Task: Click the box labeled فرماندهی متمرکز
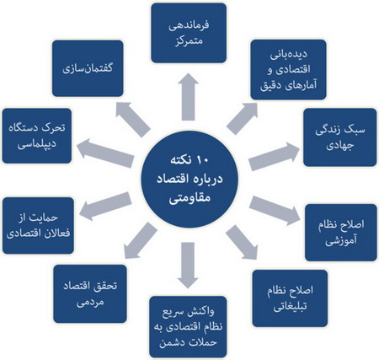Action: click(189, 33)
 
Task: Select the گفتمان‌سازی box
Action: click(88, 68)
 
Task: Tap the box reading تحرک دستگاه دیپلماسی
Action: click(37, 136)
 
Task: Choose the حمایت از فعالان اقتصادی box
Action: click(38, 226)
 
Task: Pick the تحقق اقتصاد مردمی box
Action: click(90, 293)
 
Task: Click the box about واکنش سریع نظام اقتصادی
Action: click(188, 327)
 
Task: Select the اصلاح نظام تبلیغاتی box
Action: click(290, 298)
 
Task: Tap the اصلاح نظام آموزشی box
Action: click(341, 233)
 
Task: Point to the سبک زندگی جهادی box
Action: click(340, 137)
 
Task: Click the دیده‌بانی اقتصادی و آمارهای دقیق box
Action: click(288, 70)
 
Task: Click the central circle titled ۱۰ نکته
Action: click(189, 180)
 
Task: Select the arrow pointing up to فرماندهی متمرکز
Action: click(188, 97)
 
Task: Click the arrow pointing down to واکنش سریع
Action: click(188, 266)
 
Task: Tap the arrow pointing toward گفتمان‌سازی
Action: click(133, 120)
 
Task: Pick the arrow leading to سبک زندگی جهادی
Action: click(275, 156)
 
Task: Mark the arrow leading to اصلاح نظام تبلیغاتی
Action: click(242, 243)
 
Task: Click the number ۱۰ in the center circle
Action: click(202, 161)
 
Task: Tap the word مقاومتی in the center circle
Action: click(189, 198)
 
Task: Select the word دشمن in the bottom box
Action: click(171, 343)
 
